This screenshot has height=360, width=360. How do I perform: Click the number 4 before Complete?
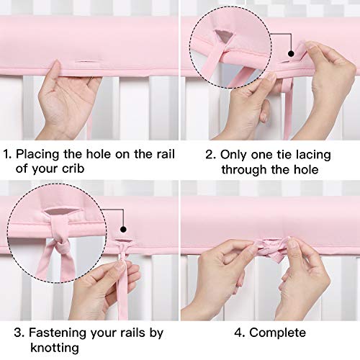[x=236, y=333]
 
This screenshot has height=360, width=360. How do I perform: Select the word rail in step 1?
[x=163, y=153]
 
